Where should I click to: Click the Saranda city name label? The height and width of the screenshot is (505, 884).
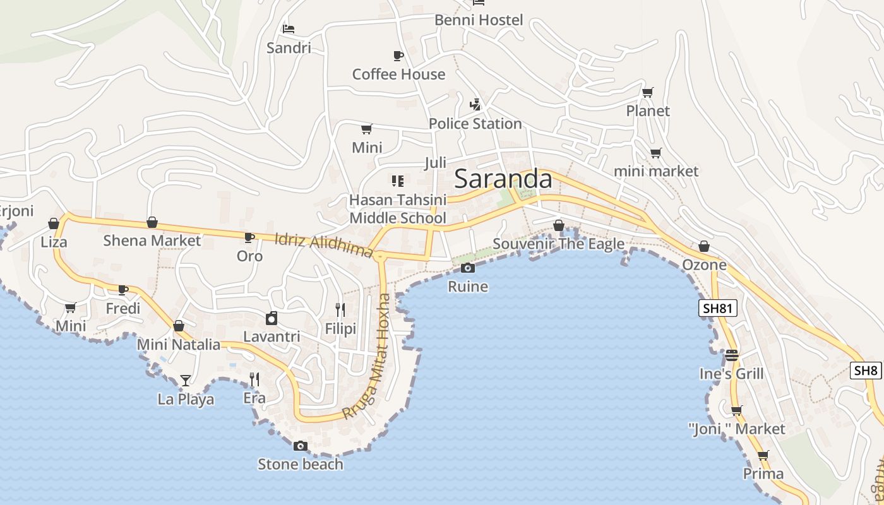[503, 179]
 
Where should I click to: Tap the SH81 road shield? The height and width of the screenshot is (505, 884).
[718, 308]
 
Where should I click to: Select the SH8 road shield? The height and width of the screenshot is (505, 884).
[866, 371]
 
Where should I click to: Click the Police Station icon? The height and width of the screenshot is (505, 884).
[475, 105]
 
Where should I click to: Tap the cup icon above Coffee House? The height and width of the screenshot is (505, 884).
[398, 56]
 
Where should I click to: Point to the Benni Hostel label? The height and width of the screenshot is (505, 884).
[479, 20]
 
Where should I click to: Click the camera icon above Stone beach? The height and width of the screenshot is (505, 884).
[301, 446]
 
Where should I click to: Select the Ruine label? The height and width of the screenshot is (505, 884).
[468, 287]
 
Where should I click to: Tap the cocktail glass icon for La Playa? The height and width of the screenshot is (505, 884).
[186, 380]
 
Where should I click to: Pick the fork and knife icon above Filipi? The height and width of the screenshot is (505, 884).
[340, 309]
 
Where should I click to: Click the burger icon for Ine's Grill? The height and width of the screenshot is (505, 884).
[732, 355]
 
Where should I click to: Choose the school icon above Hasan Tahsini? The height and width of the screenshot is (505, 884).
[397, 182]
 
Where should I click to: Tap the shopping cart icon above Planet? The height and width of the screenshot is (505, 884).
[647, 93]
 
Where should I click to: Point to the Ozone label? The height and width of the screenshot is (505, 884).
[704, 265]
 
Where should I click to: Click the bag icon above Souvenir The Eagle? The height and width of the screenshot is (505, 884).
[559, 225]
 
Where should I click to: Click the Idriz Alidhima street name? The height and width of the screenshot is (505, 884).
[324, 244]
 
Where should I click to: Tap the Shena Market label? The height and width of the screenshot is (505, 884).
[152, 241]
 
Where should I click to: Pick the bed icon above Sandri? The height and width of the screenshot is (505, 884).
[289, 29]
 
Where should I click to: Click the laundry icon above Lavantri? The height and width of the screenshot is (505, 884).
[272, 319]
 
